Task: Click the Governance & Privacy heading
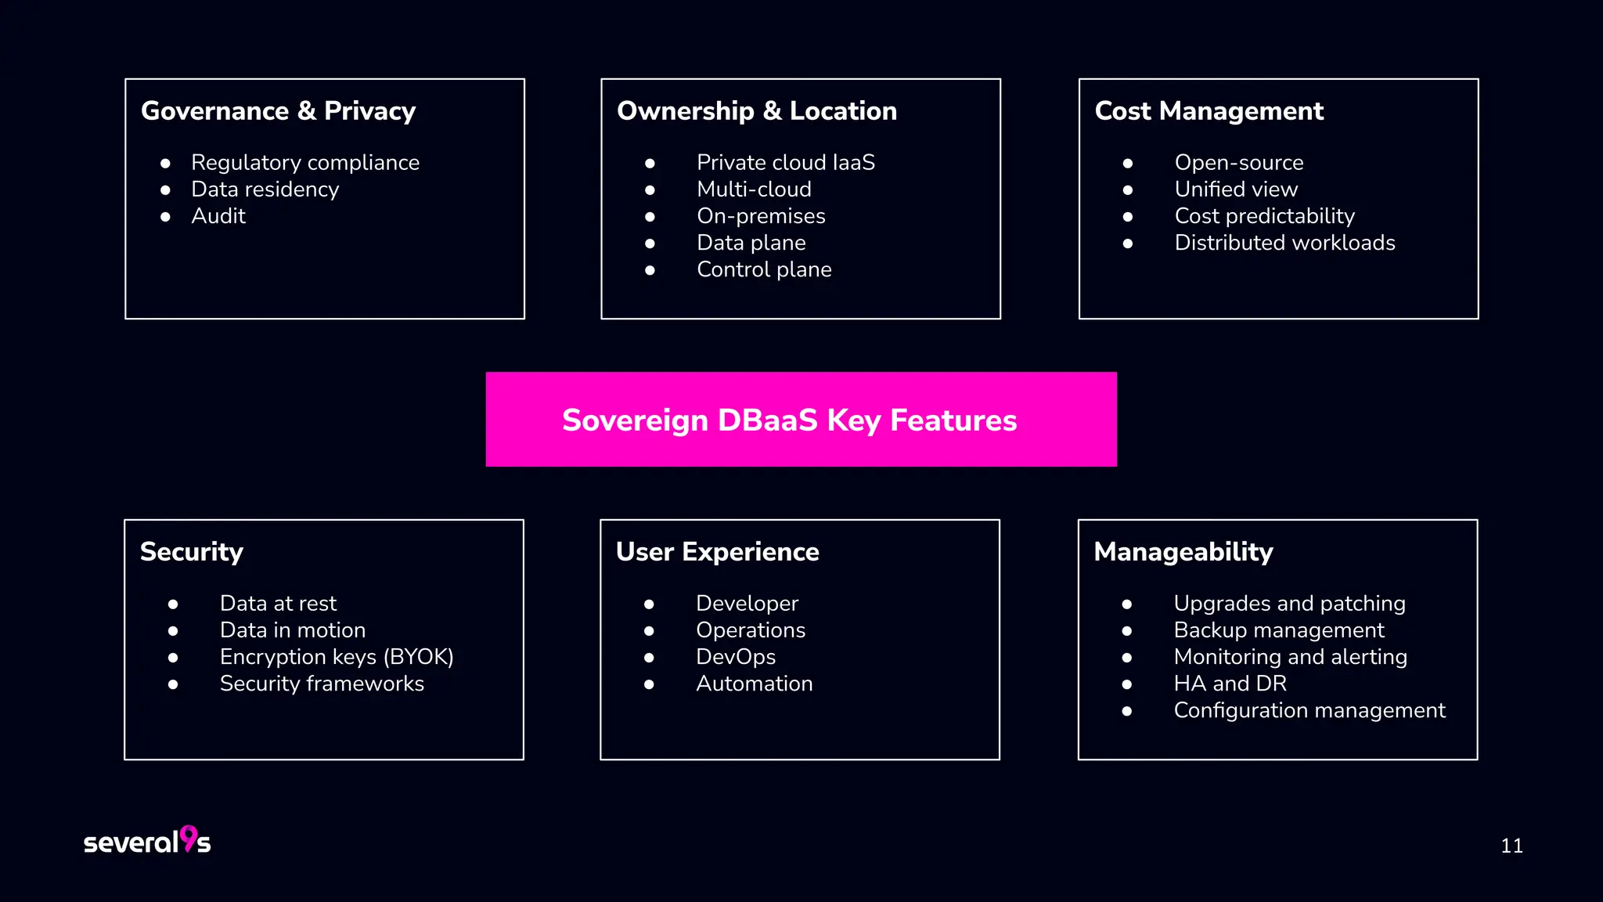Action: [x=278, y=111]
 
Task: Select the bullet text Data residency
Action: [x=265, y=189]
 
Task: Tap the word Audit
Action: [x=218, y=216]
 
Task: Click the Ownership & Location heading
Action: [x=756, y=111]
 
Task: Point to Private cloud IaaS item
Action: [x=785, y=163]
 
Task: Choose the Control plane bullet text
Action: [x=764, y=269]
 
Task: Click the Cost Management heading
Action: [x=1209, y=111]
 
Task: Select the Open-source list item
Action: [x=1238, y=163]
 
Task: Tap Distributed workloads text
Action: [x=1284, y=243]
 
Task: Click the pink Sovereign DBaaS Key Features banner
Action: [x=801, y=420]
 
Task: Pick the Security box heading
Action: [x=192, y=552]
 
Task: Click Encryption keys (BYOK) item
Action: [x=337, y=657]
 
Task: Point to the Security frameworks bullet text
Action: [x=322, y=684]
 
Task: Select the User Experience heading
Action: [x=717, y=552]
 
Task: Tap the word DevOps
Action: [x=735, y=657]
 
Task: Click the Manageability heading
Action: [x=1183, y=552]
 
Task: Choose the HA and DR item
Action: [x=1230, y=684]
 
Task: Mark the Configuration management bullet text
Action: [x=1309, y=710]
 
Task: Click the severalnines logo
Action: [x=147, y=841]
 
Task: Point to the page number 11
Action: [x=1511, y=846]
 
